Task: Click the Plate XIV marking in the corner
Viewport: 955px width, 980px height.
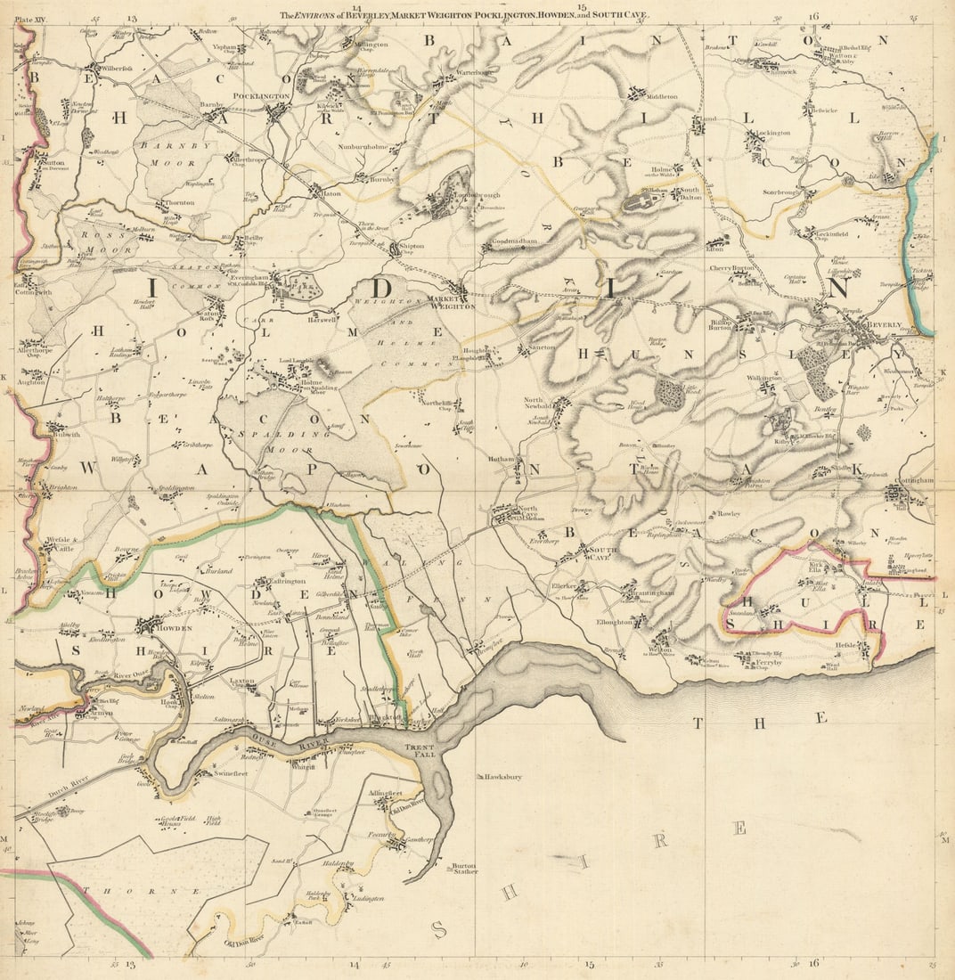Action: coord(31,15)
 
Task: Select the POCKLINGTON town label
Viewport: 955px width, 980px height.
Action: coord(261,96)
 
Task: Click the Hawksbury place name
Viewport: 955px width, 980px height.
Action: coord(503,777)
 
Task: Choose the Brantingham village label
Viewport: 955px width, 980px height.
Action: coord(653,593)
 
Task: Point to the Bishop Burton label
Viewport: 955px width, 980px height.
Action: coord(721,323)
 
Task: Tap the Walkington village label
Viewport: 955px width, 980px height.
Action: coord(764,378)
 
